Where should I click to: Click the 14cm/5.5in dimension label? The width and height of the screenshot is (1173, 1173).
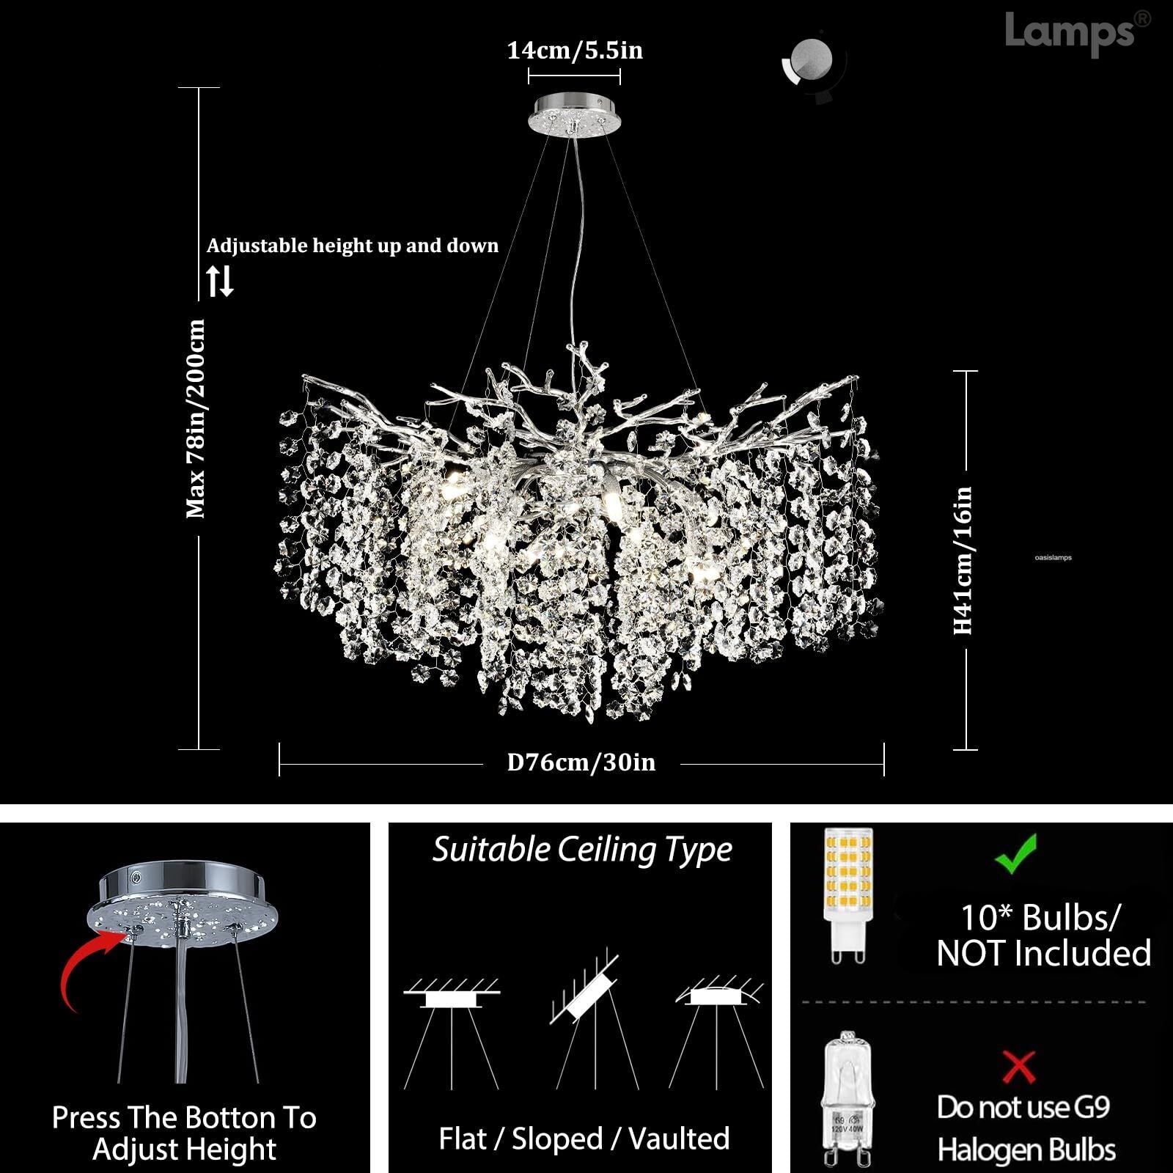[x=575, y=51]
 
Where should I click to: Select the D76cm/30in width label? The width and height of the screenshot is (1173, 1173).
[x=581, y=762]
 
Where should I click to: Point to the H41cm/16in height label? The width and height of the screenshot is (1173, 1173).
[x=963, y=561]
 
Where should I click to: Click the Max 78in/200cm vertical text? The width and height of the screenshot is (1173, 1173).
[x=196, y=419]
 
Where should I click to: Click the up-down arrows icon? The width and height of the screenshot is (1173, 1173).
[x=219, y=280]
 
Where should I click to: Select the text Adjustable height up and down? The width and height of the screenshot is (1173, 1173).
[x=352, y=246]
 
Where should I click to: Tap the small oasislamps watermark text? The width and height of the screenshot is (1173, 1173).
[x=1053, y=558]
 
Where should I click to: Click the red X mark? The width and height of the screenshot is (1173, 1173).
[x=1019, y=1067]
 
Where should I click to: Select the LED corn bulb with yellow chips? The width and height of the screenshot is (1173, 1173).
[x=848, y=894]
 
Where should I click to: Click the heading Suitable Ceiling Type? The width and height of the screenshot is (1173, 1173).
[x=581, y=850]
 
